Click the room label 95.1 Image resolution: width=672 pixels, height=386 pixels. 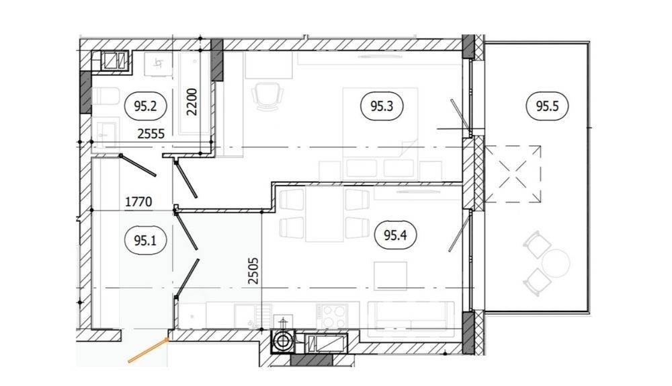click(145, 241)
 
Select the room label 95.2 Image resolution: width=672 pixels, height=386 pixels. click(145, 106)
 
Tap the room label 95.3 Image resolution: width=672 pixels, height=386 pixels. click(382, 106)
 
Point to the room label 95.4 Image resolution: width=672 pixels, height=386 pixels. click(395, 235)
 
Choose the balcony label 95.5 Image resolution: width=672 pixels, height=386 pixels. click(547, 106)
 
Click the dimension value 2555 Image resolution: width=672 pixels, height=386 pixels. click(151, 134)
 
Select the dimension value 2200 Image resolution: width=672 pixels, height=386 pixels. click(192, 102)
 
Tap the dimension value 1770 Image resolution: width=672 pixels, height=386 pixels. click(138, 201)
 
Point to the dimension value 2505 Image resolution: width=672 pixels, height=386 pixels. click(253, 270)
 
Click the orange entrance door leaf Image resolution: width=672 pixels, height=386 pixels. click(147, 350)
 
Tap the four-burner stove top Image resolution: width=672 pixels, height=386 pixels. click(332, 316)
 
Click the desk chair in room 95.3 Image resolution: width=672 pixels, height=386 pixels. click(268, 96)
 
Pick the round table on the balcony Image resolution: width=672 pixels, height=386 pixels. click(556, 262)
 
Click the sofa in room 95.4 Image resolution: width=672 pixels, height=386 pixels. click(411, 316)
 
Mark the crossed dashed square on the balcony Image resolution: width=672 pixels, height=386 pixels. click(513, 173)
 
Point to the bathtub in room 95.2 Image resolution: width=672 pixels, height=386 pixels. click(195, 93)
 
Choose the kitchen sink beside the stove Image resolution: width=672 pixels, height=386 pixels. click(253, 316)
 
